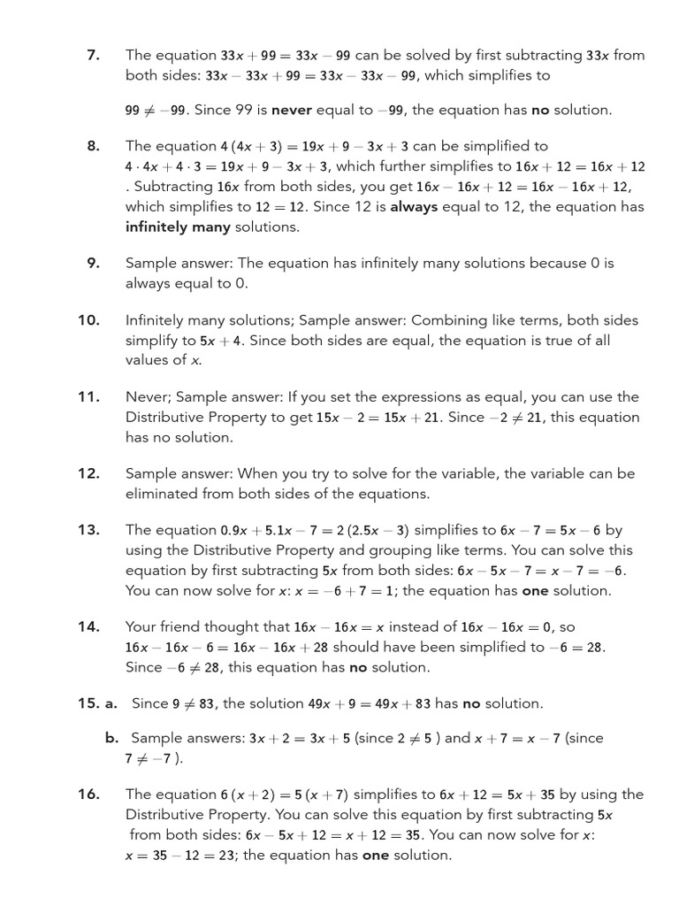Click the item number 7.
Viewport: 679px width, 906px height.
[x=93, y=55]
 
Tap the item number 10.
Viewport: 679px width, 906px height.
[x=88, y=320]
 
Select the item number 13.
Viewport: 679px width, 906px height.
[x=88, y=530]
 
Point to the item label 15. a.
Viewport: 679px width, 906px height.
[x=97, y=703]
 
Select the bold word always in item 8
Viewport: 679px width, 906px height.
[x=414, y=207]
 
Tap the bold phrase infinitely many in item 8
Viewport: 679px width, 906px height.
[x=178, y=227]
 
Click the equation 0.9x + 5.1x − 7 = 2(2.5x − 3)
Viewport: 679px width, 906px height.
[x=315, y=531]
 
